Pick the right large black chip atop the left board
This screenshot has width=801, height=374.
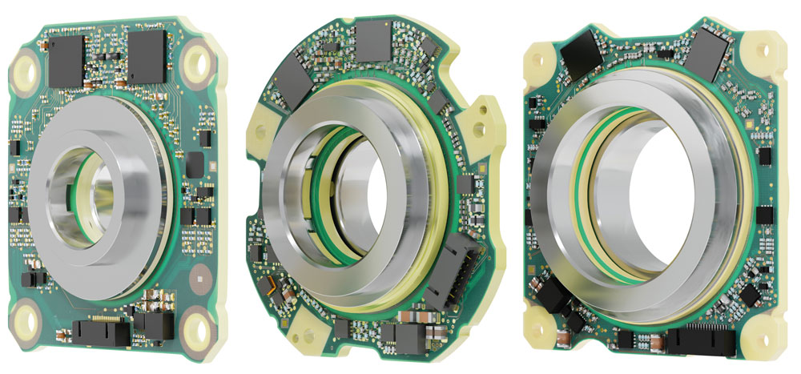(x=147, y=58)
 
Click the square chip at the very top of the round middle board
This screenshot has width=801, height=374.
(x=373, y=38)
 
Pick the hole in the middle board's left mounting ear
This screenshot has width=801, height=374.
(x=258, y=129)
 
